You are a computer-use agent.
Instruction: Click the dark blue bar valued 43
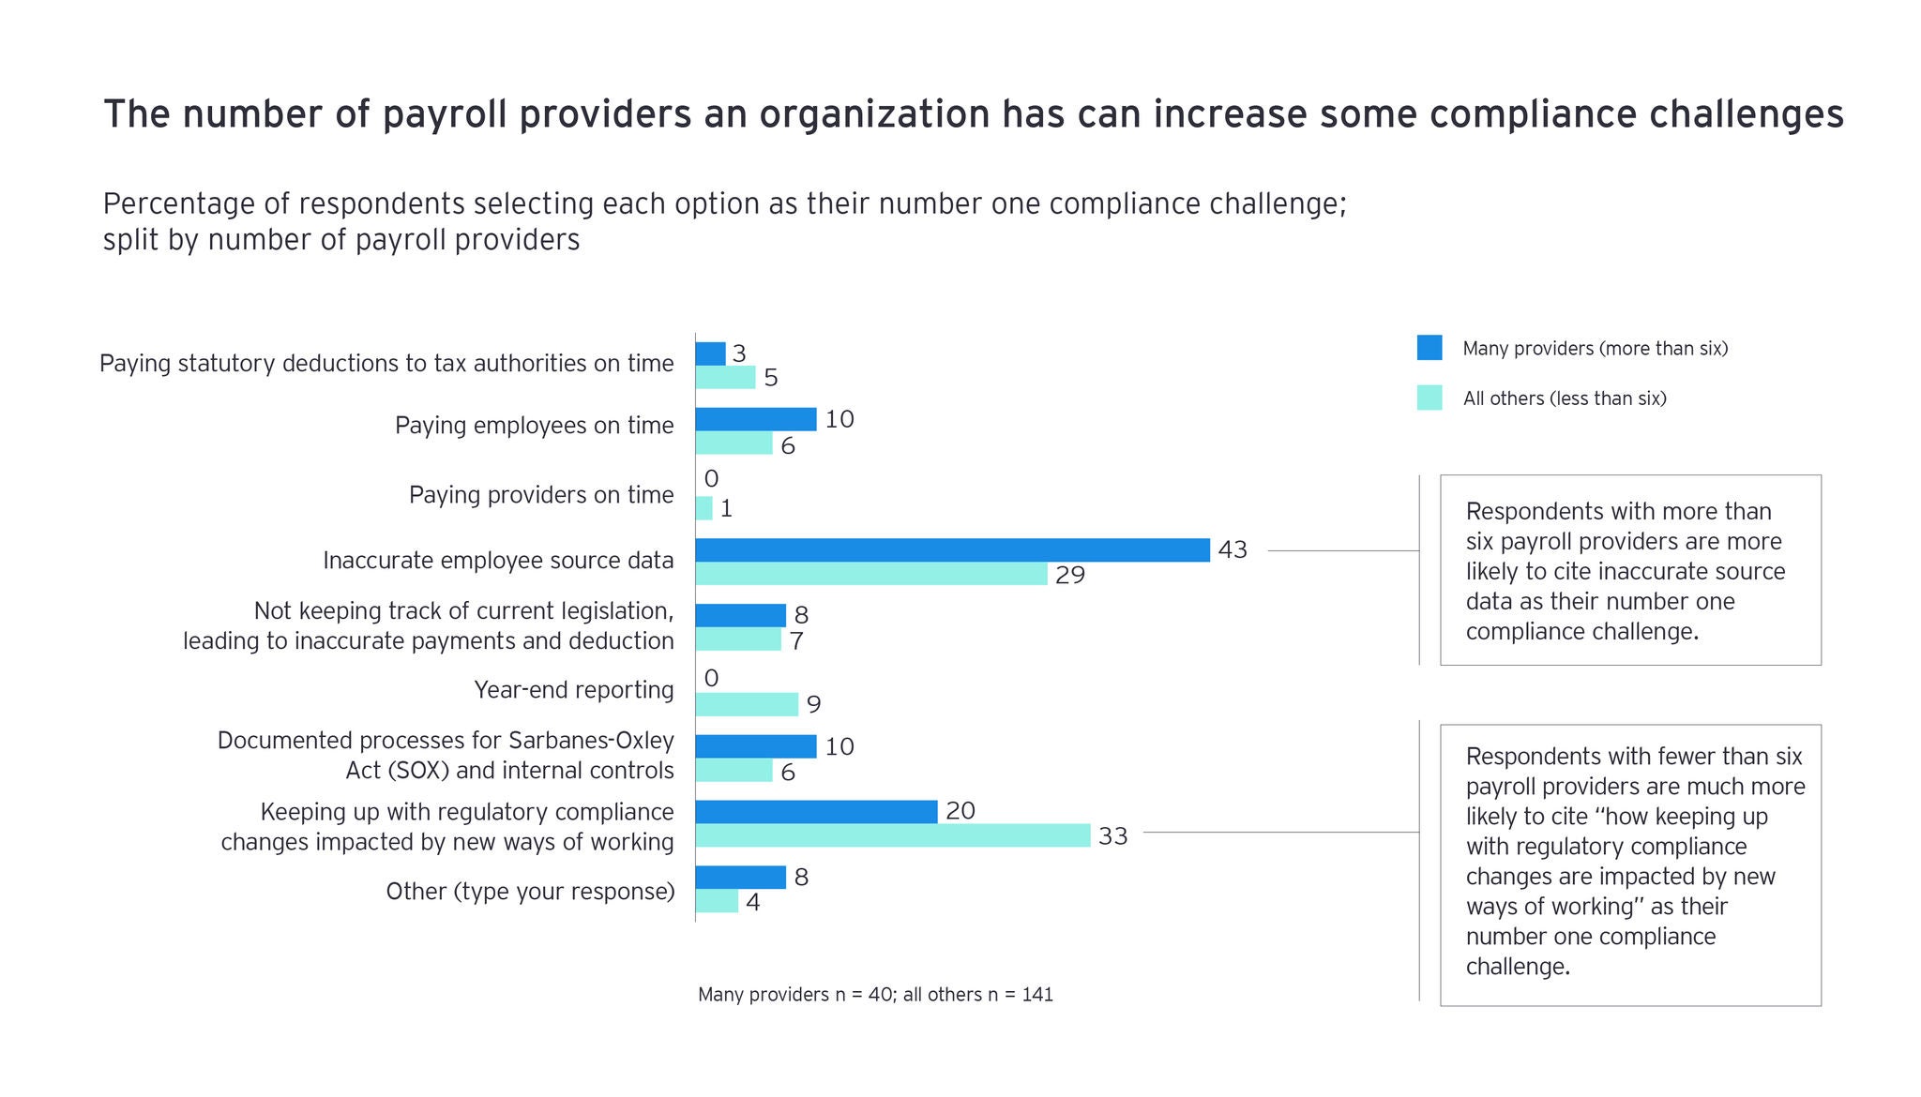[x=952, y=550]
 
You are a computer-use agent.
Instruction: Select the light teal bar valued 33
[x=892, y=835]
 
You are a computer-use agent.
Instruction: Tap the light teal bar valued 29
[x=870, y=574]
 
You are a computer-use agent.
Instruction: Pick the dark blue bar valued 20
[x=816, y=812]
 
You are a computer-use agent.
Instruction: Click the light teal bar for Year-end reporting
[x=747, y=704]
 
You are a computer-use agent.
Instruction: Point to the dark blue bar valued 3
[x=710, y=353]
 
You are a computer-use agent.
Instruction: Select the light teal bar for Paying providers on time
[x=703, y=508]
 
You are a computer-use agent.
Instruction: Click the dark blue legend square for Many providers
[x=1429, y=348]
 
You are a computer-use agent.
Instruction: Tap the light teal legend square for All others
[x=1429, y=398]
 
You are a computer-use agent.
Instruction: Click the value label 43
[x=1232, y=550]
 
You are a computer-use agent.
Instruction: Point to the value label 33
[x=1112, y=835]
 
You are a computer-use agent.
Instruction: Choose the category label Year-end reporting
[x=573, y=690]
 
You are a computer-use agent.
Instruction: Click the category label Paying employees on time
[x=534, y=426]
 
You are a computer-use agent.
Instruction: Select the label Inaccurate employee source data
[x=498, y=561]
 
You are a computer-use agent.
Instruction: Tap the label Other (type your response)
[x=530, y=892]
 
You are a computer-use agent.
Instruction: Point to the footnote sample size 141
[x=1036, y=995]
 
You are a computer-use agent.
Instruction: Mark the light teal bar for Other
[x=717, y=901]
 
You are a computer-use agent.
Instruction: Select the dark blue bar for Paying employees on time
[x=755, y=419]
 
